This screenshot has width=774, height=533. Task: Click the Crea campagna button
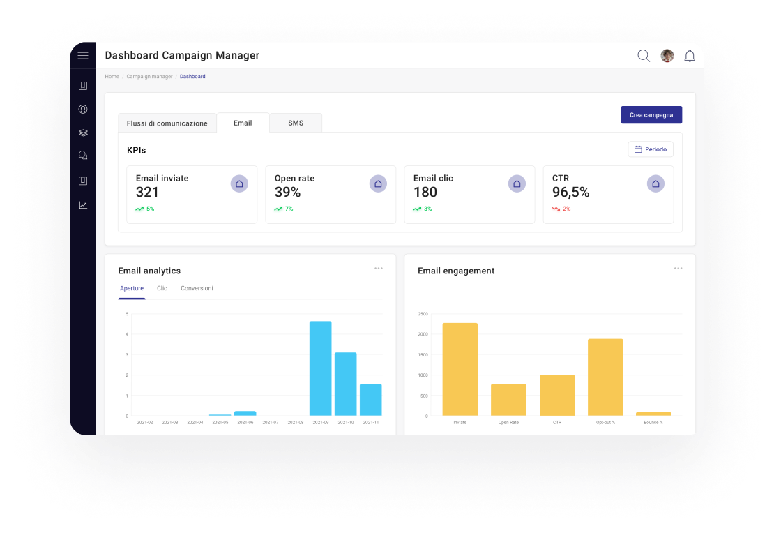651,115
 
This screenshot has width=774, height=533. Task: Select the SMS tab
296,123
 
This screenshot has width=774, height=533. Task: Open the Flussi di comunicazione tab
167,123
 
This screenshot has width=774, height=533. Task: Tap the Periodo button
651,149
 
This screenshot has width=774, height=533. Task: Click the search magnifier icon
644,56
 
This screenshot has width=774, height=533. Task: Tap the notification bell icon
690,56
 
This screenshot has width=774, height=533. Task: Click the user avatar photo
667,56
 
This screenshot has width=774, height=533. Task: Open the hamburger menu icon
83,56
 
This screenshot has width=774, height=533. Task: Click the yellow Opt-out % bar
605,377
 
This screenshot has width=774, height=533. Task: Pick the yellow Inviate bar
460,369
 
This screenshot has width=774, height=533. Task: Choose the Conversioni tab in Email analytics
197,288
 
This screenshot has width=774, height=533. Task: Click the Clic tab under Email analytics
162,288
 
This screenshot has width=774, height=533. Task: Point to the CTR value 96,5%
570,193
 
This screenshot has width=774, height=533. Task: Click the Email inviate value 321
147,193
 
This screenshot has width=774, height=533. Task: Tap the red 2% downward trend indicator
561,209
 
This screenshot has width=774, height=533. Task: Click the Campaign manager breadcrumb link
149,77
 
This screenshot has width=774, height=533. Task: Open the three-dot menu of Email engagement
678,269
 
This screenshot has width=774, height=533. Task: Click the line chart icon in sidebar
83,205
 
